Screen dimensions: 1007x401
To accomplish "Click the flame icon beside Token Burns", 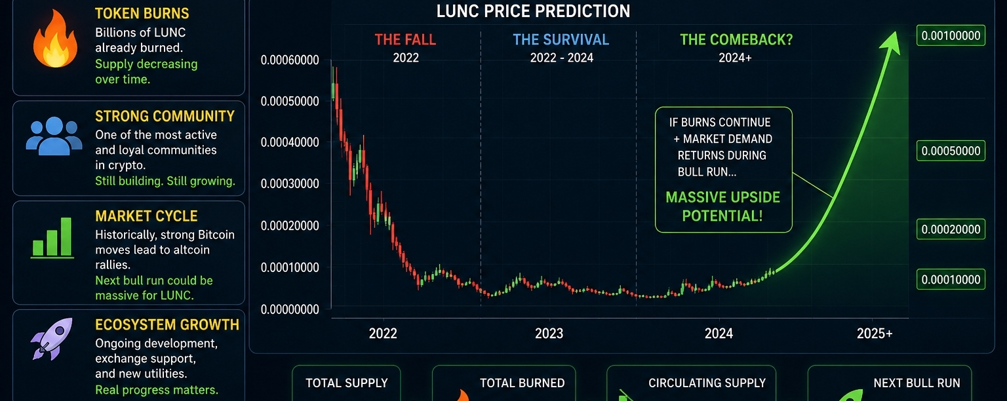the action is tap(55, 39).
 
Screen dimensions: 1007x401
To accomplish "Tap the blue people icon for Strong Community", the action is tap(54, 136).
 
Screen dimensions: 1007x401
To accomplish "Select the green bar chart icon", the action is tap(52, 238).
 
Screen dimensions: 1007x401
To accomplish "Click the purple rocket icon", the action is tap(52, 339).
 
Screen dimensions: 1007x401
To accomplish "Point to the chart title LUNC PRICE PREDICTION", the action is tap(533, 11).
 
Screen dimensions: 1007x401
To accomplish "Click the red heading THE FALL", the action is tap(405, 39).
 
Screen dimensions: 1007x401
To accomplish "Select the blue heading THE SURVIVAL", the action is tap(561, 39).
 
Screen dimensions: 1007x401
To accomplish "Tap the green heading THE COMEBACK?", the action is tap(736, 39).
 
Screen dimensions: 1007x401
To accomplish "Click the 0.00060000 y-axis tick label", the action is tap(290, 60).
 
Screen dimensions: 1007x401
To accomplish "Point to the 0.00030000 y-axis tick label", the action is tap(290, 183).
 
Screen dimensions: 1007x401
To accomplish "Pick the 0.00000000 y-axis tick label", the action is tap(290, 309).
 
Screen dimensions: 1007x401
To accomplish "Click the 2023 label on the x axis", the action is tap(549, 334).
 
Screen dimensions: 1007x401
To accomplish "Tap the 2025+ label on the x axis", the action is tap(875, 334).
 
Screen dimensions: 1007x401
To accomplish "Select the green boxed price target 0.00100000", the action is tap(951, 35).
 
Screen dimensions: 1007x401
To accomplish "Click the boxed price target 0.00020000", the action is tap(951, 229).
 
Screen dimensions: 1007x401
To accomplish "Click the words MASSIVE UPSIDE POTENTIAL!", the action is tap(723, 206).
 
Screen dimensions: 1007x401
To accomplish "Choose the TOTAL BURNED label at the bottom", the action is tap(522, 383).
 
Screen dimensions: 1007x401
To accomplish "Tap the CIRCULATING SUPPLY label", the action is tap(707, 383).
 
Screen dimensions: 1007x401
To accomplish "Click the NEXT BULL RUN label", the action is tap(917, 383).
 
